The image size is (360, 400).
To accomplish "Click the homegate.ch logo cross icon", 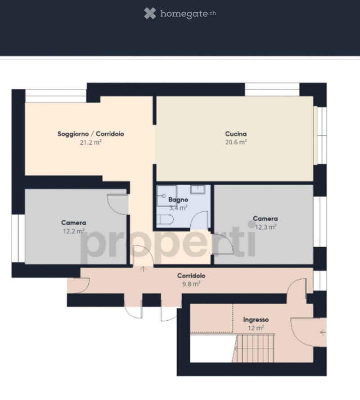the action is click(150, 14).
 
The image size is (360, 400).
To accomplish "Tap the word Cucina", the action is click(236, 134).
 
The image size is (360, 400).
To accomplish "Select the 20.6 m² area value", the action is click(236, 142).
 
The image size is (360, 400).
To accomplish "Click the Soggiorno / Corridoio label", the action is click(91, 134).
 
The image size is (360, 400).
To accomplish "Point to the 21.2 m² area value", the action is click(91, 142).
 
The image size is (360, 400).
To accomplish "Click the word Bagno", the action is click(178, 200).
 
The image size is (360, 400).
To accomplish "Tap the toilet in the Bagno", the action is click(165, 219).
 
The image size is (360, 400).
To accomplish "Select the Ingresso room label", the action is click(256, 320).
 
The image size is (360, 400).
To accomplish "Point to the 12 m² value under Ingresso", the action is click(256, 328).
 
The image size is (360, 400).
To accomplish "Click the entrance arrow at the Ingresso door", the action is click(323, 332).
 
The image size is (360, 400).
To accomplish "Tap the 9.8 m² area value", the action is click(191, 284).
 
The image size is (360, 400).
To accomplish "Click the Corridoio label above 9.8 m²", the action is click(191, 276).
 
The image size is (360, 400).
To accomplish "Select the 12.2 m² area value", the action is click(74, 231).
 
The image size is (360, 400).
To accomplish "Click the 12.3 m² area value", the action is click(265, 227).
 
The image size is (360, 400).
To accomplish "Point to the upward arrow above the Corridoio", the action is click(143, 269).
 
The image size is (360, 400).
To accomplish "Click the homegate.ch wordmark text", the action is click(188, 14).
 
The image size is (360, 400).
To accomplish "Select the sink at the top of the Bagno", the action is click(198, 189).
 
